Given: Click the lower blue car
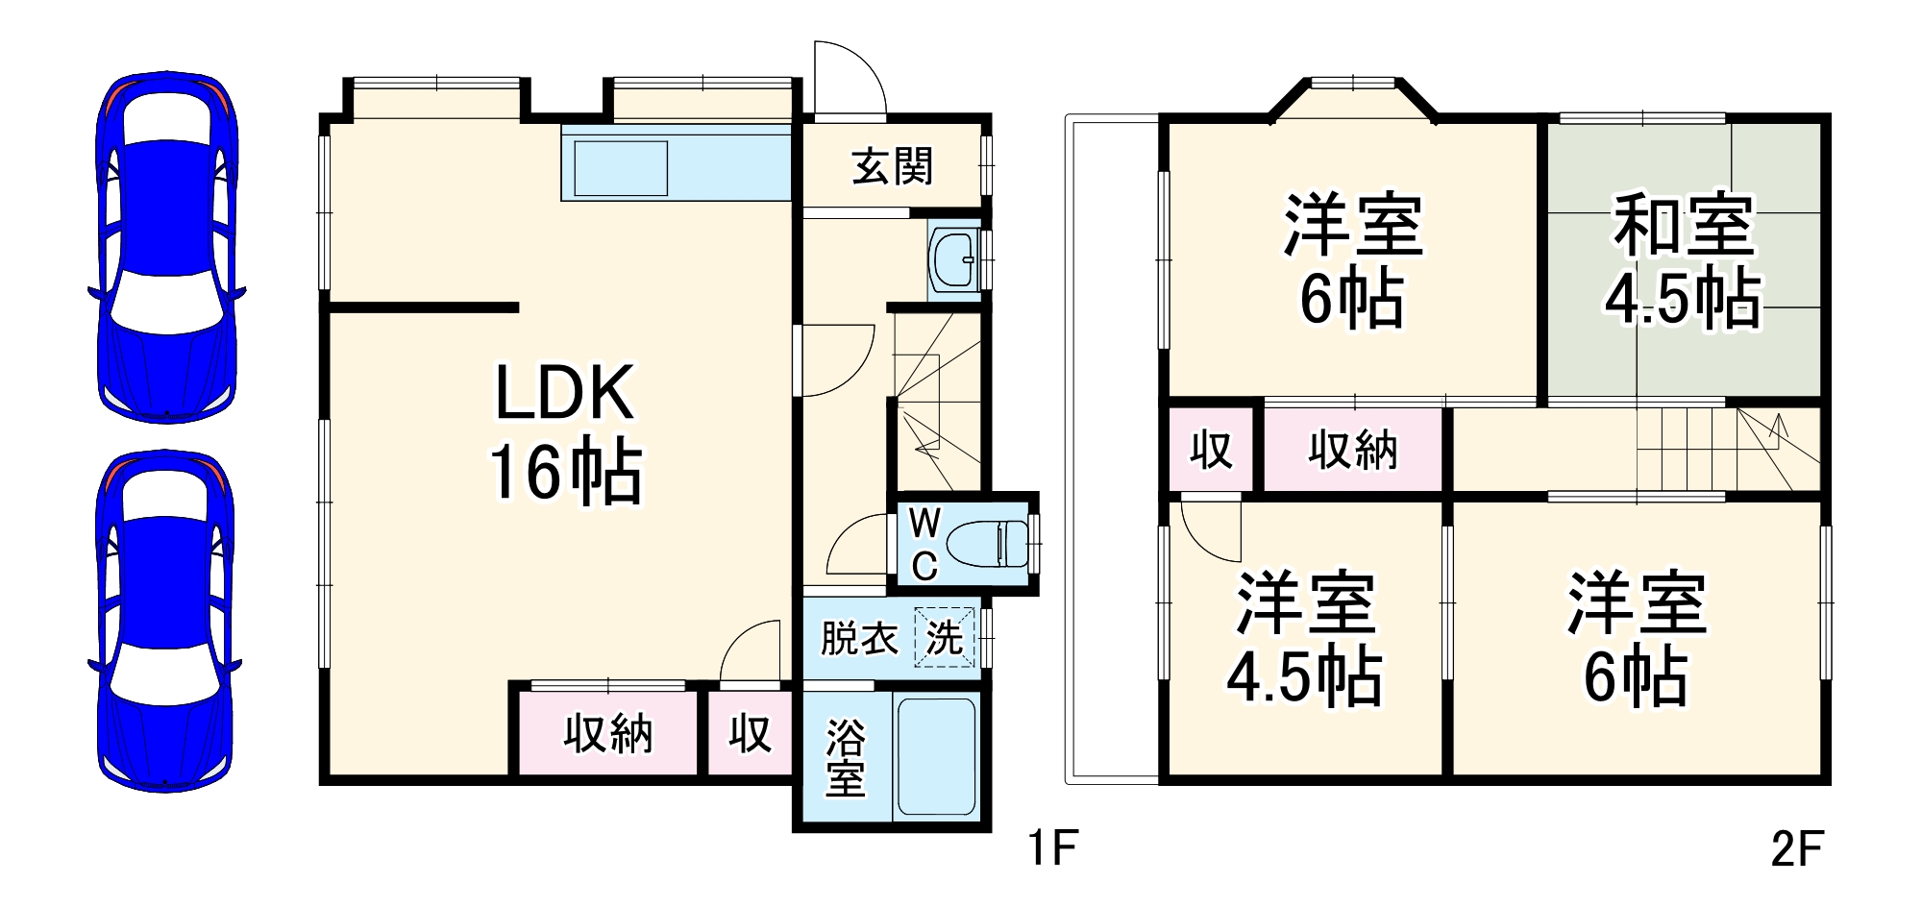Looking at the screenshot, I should [x=165, y=621].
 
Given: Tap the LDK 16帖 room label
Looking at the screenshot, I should [x=565, y=432].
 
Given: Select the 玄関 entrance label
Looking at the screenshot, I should [x=893, y=166].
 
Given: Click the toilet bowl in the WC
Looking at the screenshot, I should [x=986, y=545].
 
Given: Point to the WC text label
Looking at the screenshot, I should [x=924, y=545].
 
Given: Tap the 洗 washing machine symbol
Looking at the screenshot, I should [x=945, y=637].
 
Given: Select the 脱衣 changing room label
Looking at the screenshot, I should [x=858, y=638].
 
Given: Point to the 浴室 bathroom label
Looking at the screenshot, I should [x=845, y=757].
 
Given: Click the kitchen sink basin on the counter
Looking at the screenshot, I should [x=620, y=169].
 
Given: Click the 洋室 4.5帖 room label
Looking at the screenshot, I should [x=1304, y=639].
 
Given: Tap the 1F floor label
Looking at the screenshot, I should [x=1052, y=848].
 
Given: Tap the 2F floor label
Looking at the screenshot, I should [x=1796, y=848].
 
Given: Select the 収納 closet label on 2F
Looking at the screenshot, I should [x=1352, y=449].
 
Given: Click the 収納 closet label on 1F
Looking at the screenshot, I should [x=608, y=734].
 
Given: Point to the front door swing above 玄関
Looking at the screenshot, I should [x=848, y=77].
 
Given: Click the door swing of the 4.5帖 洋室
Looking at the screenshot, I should [x=1210, y=529].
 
